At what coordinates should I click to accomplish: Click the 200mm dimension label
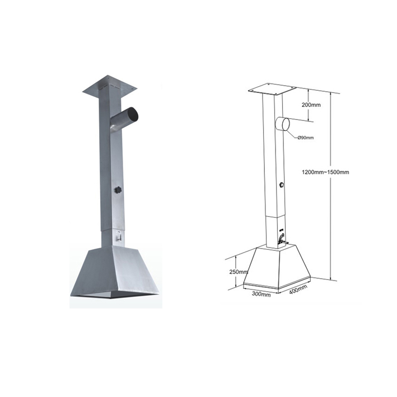(x=311, y=105)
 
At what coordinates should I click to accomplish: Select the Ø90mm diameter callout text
(x=306, y=138)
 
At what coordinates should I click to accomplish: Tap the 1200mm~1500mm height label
(x=325, y=172)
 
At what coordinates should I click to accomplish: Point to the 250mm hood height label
(x=239, y=272)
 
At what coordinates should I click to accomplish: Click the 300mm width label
(x=261, y=294)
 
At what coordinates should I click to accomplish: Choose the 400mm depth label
(x=298, y=289)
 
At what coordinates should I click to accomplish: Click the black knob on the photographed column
(x=118, y=190)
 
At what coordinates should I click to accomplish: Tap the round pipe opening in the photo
(x=132, y=114)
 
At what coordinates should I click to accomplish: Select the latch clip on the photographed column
(x=118, y=236)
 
